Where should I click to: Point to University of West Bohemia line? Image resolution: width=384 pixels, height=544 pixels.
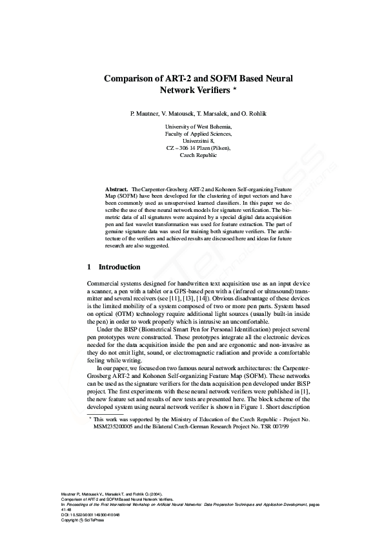199,127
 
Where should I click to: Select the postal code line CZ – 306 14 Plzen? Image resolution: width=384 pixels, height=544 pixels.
199,148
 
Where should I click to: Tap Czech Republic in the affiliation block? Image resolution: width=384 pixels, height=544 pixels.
199,155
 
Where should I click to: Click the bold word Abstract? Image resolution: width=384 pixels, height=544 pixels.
117,189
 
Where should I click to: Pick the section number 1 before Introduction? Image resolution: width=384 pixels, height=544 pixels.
88,266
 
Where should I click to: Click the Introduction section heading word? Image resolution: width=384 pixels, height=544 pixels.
119,266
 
